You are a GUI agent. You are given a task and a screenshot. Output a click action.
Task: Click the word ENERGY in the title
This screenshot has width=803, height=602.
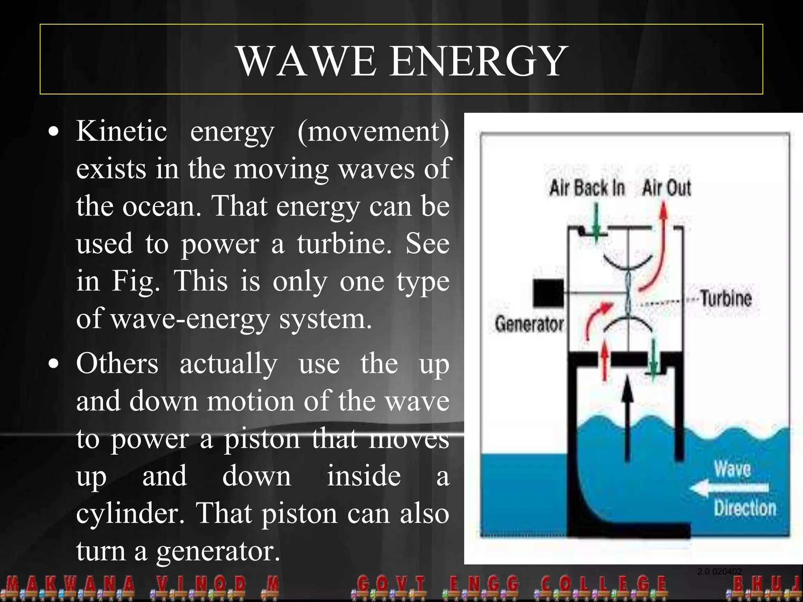(x=478, y=62)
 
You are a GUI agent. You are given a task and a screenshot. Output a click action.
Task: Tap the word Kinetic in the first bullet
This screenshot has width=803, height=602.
(x=122, y=131)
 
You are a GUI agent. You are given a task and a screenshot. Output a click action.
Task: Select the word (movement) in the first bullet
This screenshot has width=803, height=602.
(x=373, y=132)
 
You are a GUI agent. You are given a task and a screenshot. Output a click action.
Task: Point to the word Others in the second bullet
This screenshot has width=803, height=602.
(x=117, y=363)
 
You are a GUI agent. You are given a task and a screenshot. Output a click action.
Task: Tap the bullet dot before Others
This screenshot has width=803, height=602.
(x=54, y=364)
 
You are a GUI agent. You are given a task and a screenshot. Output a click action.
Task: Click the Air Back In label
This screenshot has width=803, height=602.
(x=587, y=188)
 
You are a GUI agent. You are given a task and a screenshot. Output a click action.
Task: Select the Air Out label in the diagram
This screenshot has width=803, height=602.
(x=667, y=188)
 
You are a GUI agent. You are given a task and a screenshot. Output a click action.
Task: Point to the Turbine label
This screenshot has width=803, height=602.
(x=726, y=299)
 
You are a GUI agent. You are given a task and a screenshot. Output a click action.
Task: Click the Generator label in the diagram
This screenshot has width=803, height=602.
(x=529, y=325)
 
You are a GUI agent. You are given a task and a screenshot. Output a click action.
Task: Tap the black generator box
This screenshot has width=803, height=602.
(x=548, y=293)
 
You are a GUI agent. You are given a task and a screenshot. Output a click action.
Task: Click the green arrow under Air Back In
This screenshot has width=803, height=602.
(x=596, y=221)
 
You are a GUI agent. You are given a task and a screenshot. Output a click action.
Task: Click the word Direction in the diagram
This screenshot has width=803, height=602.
(x=745, y=508)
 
